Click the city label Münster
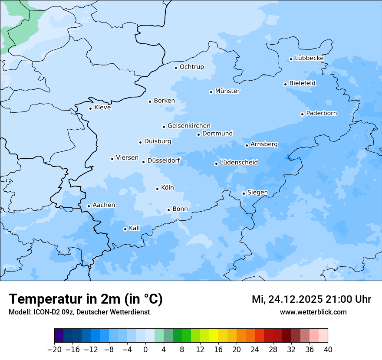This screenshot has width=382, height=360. [227, 91]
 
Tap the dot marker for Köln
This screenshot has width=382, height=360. [157, 189]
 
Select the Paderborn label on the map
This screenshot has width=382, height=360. [321, 114]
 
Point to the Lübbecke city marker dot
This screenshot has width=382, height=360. [291, 59]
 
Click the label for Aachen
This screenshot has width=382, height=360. [104, 205]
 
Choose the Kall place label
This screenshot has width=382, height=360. [135, 228]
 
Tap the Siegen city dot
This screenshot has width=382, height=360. [244, 193]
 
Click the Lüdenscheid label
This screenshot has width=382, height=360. [239, 163]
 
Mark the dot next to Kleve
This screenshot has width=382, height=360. [90, 108]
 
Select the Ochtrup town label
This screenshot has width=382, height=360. [191, 67]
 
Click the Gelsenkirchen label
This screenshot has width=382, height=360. [189, 126]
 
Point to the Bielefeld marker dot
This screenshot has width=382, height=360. [285, 84]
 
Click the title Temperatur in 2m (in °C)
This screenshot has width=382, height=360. [86, 299]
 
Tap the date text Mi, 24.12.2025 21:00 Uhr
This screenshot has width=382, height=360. [311, 299]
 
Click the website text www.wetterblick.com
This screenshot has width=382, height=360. [313, 312]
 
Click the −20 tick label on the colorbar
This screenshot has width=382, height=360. [55, 350]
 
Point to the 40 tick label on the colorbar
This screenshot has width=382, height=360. [328, 350]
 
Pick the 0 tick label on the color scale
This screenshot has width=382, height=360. [145, 350]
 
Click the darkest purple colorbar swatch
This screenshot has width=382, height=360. [59, 336]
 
